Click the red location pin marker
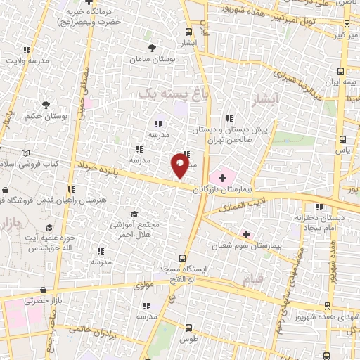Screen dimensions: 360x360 pos(180,166)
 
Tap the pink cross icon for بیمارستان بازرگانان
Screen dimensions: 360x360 pos(222,176)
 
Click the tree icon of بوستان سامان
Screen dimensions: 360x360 pos(153,48)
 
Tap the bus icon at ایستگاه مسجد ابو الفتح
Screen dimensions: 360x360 pos(182,258)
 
